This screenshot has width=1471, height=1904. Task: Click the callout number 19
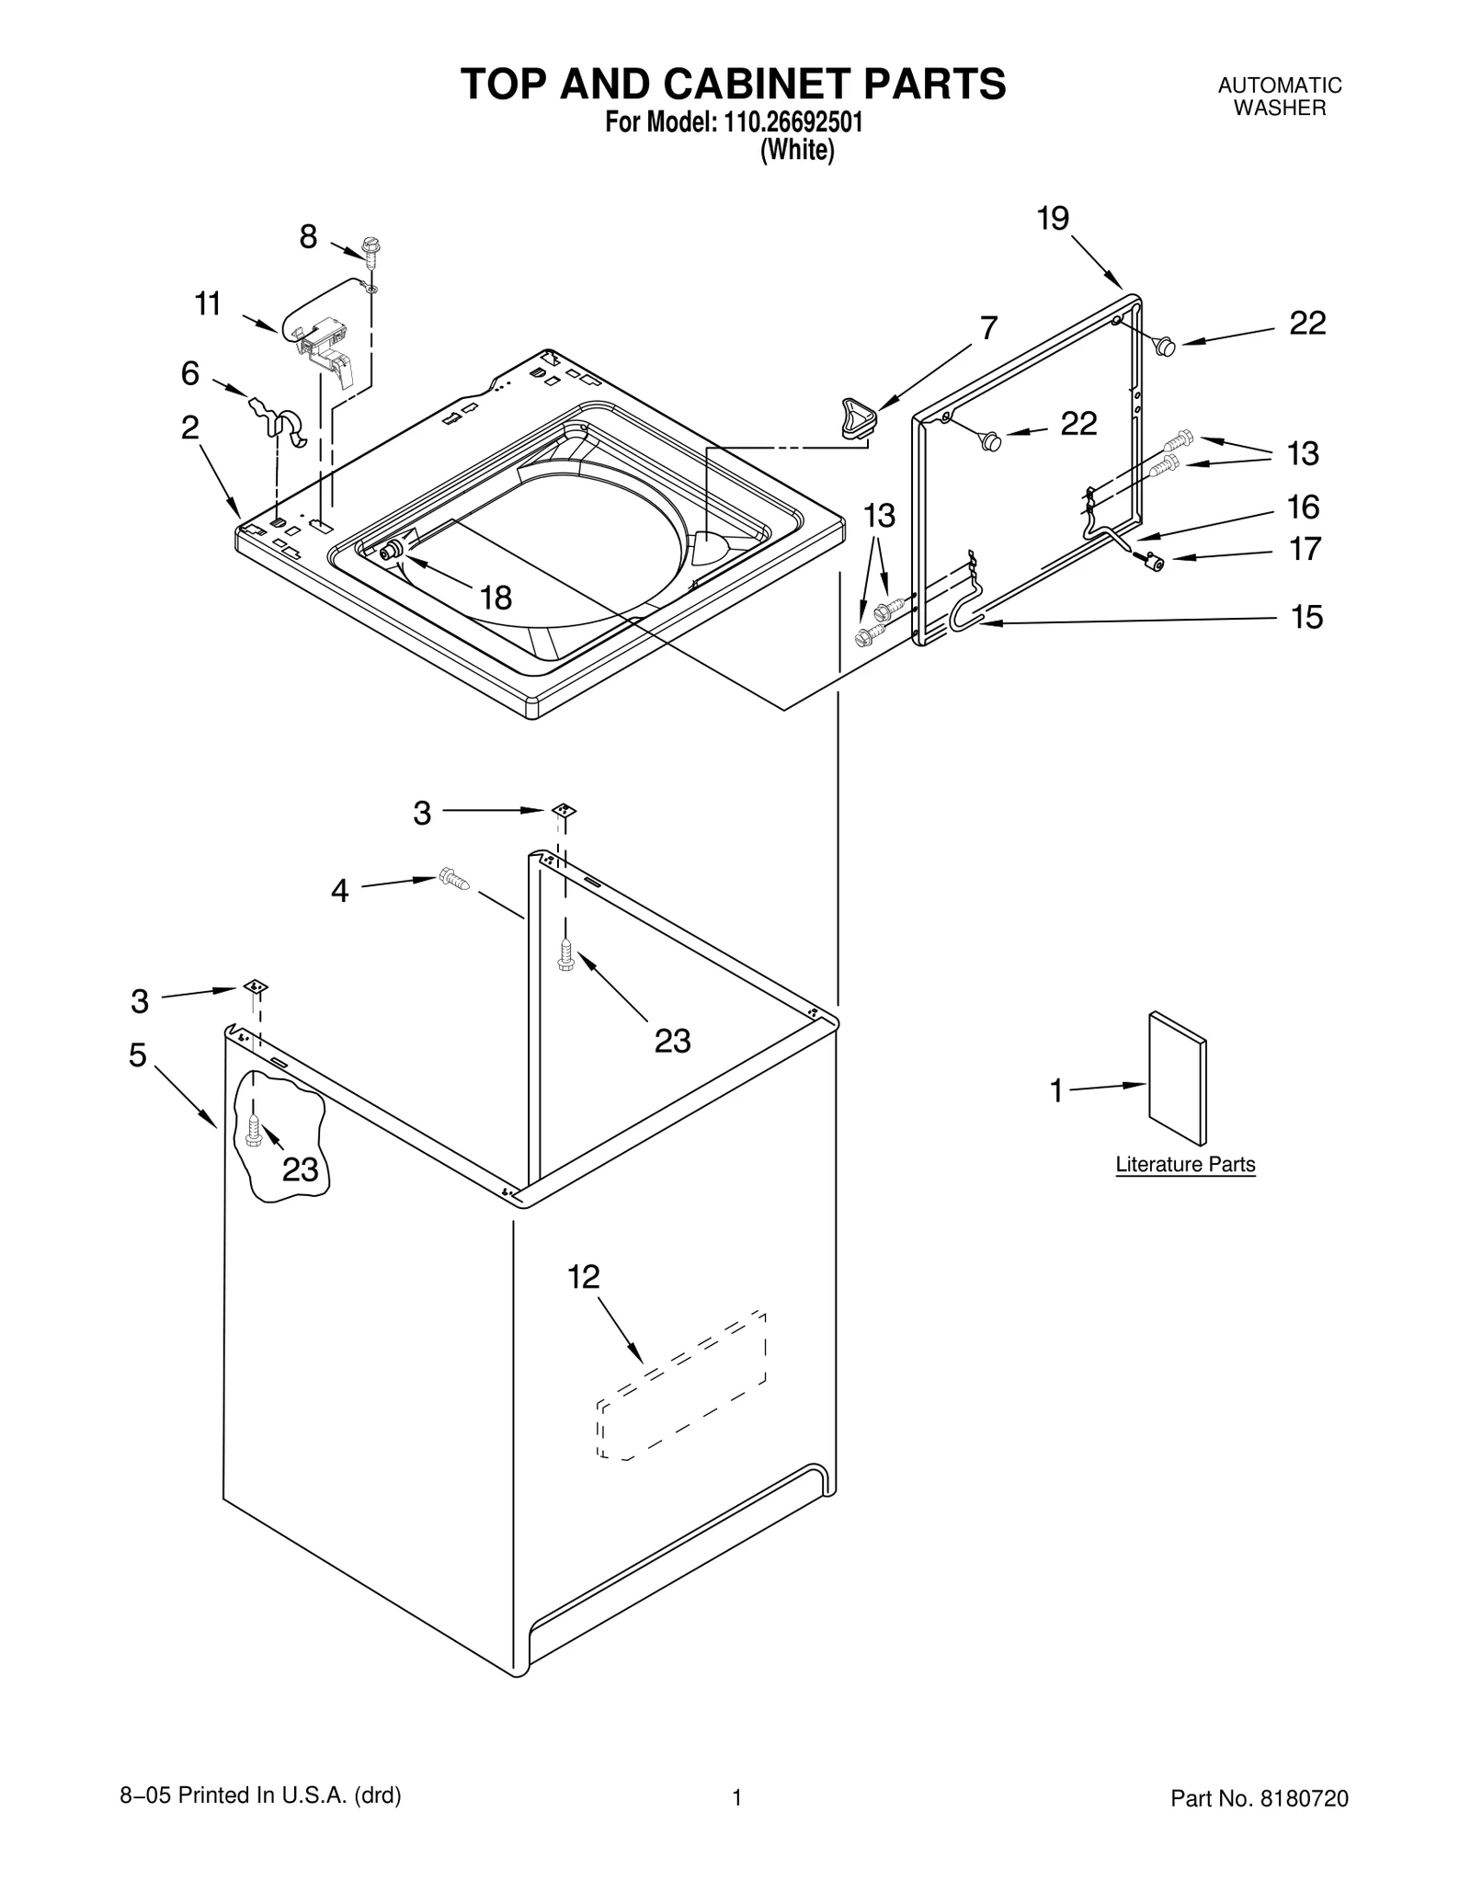pyautogui.click(x=1053, y=219)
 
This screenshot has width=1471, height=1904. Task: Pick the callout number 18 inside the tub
pyautogui.click(x=496, y=599)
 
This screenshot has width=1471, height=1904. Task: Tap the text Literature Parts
pyautogui.click(x=1184, y=1164)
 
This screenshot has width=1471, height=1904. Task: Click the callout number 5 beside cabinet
pyautogui.click(x=138, y=1055)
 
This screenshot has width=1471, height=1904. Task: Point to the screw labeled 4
pyautogui.click(x=454, y=879)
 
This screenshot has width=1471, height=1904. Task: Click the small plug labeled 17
pyautogui.click(x=1152, y=561)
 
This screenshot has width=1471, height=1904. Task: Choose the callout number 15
pyautogui.click(x=1306, y=617)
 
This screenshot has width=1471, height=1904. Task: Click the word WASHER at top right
pyautogui.click(x=1279, y=108)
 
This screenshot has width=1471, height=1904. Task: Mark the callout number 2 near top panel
pyautogui.click(x=189, y=428)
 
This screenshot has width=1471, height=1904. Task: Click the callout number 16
pyautogui.click(x=1304, y=507)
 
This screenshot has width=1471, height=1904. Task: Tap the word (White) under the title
pyautogui.click(x=796, y=150)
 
